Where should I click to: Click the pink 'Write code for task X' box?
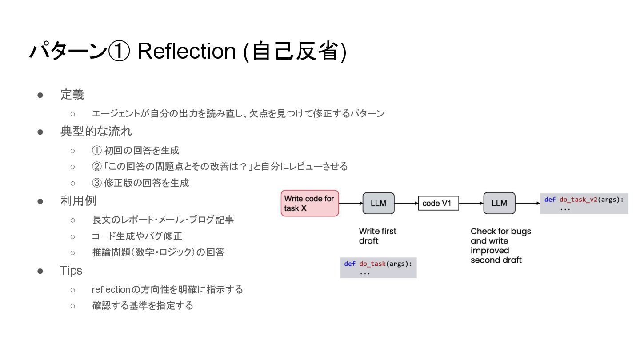[310, 203]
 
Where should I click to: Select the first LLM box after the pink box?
[378, 204]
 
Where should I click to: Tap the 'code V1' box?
[438, 203]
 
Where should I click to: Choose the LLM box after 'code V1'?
[499, 204]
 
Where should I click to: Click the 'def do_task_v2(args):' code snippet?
[584, 203]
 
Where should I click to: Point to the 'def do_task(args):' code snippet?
[378, 268]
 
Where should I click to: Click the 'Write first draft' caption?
[377, 236]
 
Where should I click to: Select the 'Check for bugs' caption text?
[500, 231]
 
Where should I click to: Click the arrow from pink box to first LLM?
[351, 204]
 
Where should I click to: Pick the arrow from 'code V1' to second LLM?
[471, 204]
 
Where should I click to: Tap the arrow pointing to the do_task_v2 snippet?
[528, 204]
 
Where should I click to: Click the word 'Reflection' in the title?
[186, 52]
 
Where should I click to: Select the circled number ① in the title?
[119, 52]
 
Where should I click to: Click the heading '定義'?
[72, 95]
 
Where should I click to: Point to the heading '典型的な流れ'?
[96, 132]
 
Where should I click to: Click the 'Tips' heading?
[71, 270]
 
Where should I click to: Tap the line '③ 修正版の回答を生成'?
[140, 183]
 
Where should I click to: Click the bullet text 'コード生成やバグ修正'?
[137, 236]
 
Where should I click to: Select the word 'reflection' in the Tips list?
[111, 290]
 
